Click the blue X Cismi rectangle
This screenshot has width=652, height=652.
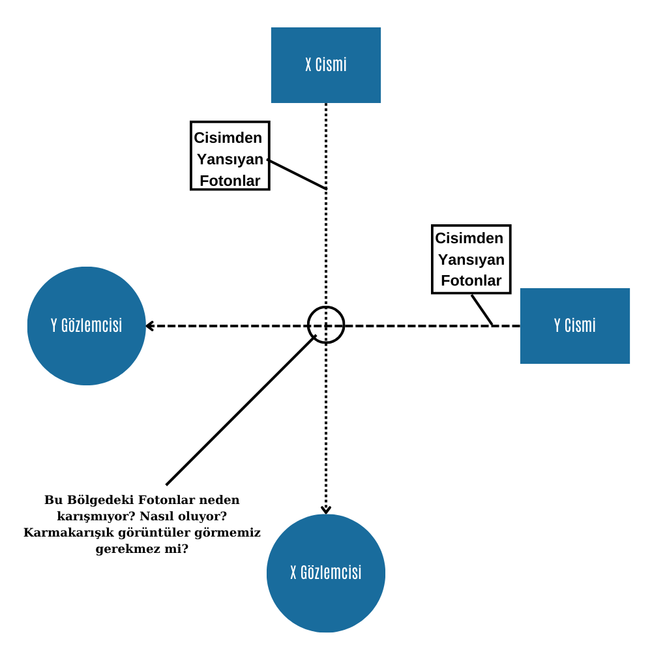pos(325,65)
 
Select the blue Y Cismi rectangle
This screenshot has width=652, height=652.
pos(574,325)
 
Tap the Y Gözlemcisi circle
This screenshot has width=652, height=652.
pos(87,325)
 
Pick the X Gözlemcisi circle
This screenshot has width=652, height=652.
pos(325,573)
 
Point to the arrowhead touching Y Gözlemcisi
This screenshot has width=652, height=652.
pos(150,326)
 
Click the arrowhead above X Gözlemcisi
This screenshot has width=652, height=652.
pos(326,510)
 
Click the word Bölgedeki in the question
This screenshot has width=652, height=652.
pos(100,499)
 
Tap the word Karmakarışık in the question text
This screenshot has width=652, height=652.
pos(68,532)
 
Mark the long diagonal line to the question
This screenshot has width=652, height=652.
pos(241,410)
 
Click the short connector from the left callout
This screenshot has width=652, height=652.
pos(297,174)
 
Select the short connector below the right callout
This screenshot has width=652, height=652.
pos(482,310)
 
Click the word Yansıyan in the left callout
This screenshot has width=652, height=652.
pos(230,159)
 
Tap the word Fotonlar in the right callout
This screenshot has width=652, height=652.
pos(471,280)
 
